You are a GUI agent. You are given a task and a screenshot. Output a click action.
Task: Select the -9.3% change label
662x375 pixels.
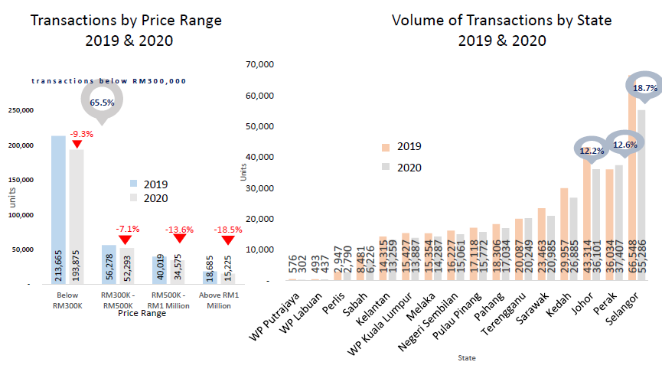81,133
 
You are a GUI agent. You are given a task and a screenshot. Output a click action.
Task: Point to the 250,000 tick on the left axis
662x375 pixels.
20,110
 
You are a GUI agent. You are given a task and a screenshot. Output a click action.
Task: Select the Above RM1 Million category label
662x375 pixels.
220,299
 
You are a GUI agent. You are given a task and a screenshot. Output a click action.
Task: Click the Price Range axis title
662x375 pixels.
144,313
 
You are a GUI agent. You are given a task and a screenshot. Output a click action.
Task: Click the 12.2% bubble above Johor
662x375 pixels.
591,150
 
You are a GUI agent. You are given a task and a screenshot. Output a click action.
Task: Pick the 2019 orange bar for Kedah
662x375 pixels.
564,234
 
